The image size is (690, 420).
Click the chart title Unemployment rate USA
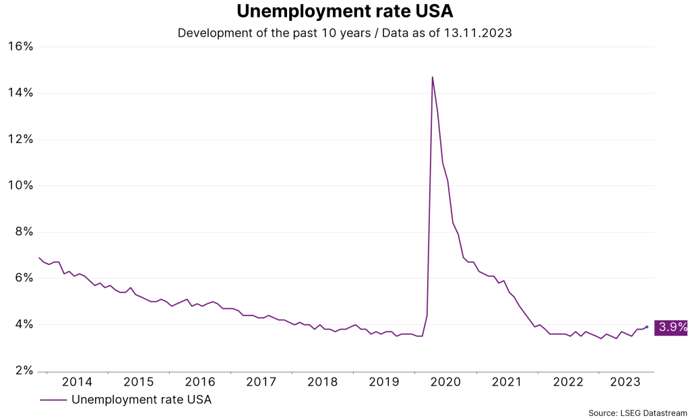click(x=344, y=12)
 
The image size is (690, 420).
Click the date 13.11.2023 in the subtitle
click(x=477, y=32)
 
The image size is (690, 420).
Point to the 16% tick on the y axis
click(x=20, y=47)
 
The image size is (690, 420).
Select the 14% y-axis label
click(x=20, y=93)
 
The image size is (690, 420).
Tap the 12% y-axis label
click(x=20, y=140)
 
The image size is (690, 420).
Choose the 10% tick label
click(x=20, y=185)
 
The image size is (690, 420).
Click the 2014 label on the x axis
click(x=77, y=382)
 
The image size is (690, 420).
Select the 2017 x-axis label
click(x=261, y=382)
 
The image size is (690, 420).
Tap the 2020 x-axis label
click(x=445, y=382)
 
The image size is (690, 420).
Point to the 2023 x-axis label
click(x=625, y=382)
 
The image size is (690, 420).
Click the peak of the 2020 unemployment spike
click(x=432, y=77)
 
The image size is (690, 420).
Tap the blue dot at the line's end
click(x=647, y=327)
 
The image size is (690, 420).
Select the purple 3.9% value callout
click(x=671, y=328)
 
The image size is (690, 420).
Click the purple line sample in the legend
click(x=53, y=400)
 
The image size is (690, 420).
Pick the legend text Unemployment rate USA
click(x=142, y=400)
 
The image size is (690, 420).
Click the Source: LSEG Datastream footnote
click(x=637, y=413)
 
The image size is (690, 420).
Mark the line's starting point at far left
click(x=38, y=258)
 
